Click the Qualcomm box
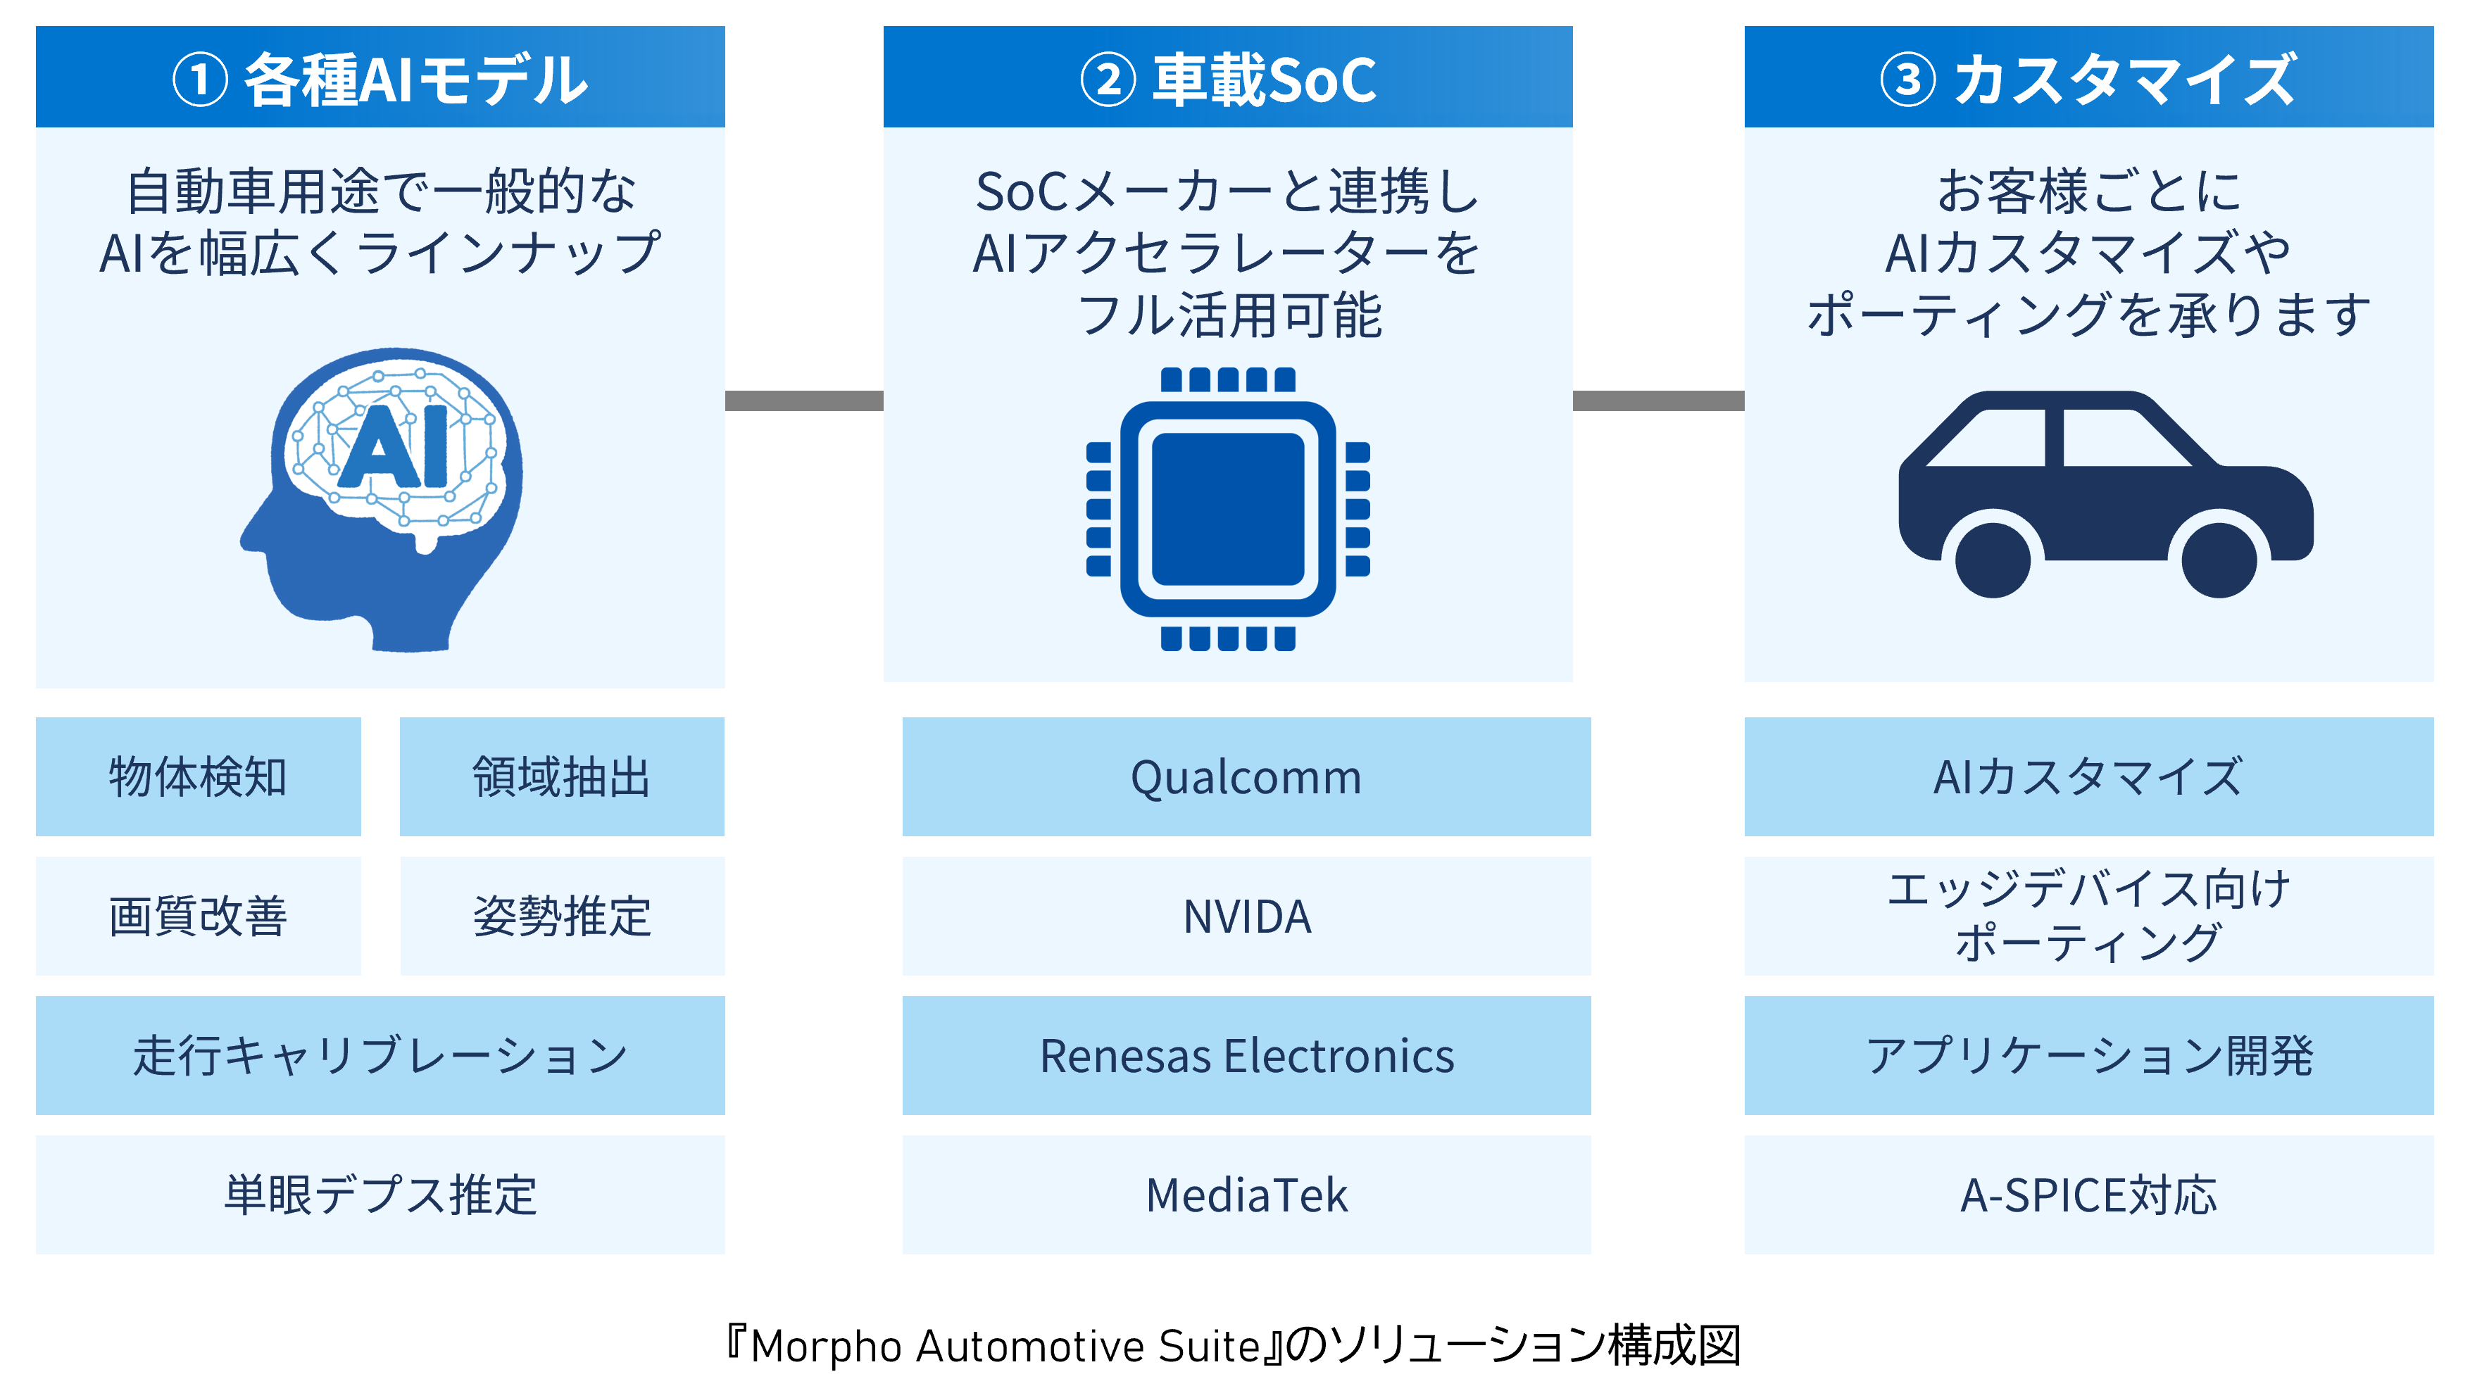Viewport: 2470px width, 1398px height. click(1246, 776)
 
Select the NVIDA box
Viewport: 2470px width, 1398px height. click(1246, 915)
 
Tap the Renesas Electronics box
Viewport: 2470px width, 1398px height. click(1246, 1054)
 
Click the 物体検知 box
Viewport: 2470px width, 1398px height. click(198, 776)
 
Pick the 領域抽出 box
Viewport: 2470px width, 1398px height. click(562, 776)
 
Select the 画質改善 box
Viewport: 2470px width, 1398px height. click(198, 915)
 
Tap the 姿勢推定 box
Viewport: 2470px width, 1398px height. click(562, 915)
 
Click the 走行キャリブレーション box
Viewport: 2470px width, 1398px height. click(380, 1054)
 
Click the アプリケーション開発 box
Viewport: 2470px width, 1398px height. click(2089, 1054)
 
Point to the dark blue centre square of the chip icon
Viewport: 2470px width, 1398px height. click(1227, 509)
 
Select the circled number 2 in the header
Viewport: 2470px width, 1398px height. click(1108, 80)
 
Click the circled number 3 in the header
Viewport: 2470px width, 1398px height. click(1907, 80)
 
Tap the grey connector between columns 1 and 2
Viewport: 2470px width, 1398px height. click(804, 401)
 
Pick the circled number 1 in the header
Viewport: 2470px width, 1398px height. click(200, 80)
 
